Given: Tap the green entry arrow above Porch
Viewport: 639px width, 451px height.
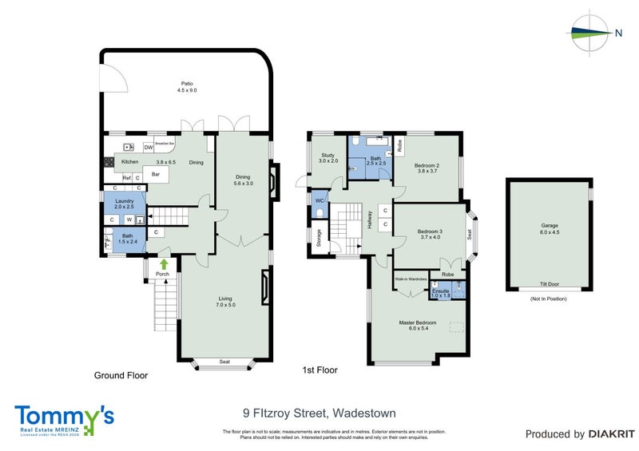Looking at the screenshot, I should (164, 263).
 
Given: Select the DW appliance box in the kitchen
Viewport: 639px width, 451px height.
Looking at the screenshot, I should (149, 148).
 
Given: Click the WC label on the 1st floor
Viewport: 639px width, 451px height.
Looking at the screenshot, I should (319, 200).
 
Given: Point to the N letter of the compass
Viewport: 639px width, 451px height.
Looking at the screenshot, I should (618, 33).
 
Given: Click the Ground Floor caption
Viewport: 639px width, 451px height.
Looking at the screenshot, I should (121, 375).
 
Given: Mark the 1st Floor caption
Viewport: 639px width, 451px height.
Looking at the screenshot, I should (320, 370).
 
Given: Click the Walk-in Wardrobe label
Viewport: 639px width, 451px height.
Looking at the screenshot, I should (411, 279).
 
